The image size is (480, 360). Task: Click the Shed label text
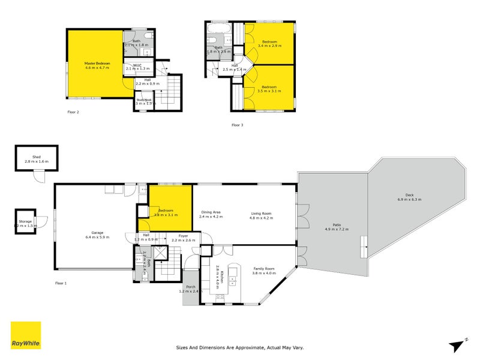(x=36, y=157)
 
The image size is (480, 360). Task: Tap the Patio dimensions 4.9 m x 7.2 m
(x=337, y=229)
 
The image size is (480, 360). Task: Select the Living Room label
(x=261, y=214)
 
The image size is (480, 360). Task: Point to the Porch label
(x=191, y=286)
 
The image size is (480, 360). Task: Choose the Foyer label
(x=184, y=236)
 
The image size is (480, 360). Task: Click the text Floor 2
(x=73, y=112)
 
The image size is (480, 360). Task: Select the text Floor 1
(x=61, y=282)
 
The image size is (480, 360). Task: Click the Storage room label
(x=25, y=221)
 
